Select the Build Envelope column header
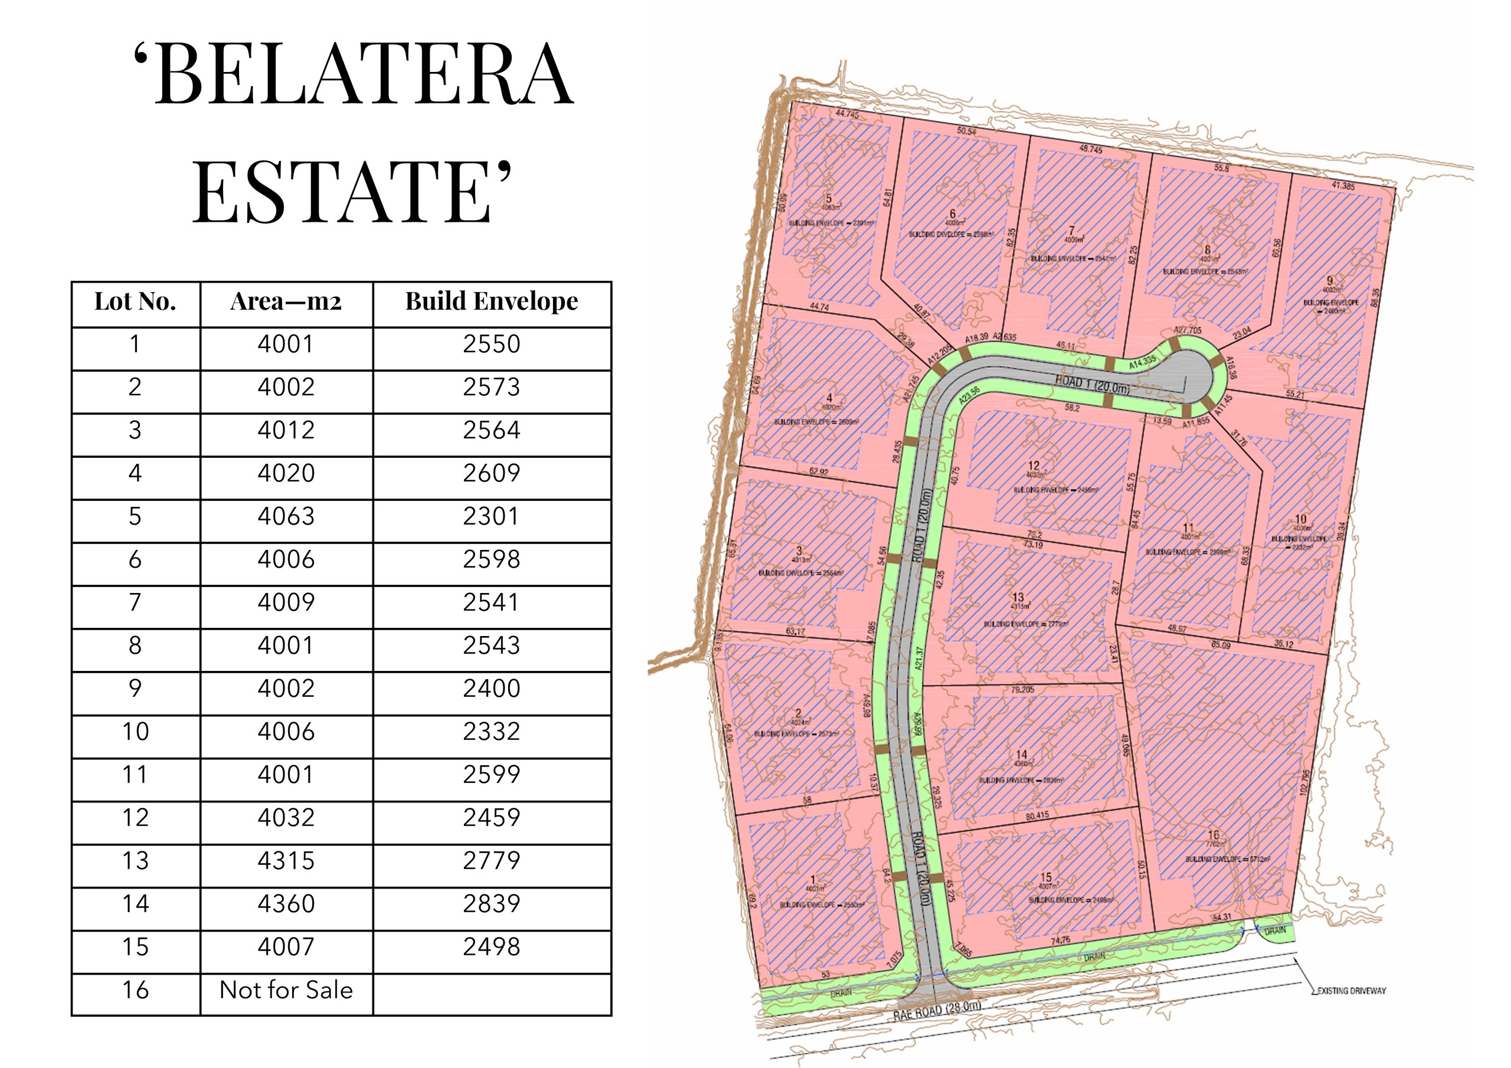pos(492,302)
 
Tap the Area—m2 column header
pos(286,302)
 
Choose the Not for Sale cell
pos(286,990)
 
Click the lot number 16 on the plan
pos(1213,835)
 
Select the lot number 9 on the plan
pos(1329,281)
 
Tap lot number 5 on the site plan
pos(829,199)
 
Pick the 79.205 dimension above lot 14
pos(1022,690)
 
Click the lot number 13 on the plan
pos(1018,598)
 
